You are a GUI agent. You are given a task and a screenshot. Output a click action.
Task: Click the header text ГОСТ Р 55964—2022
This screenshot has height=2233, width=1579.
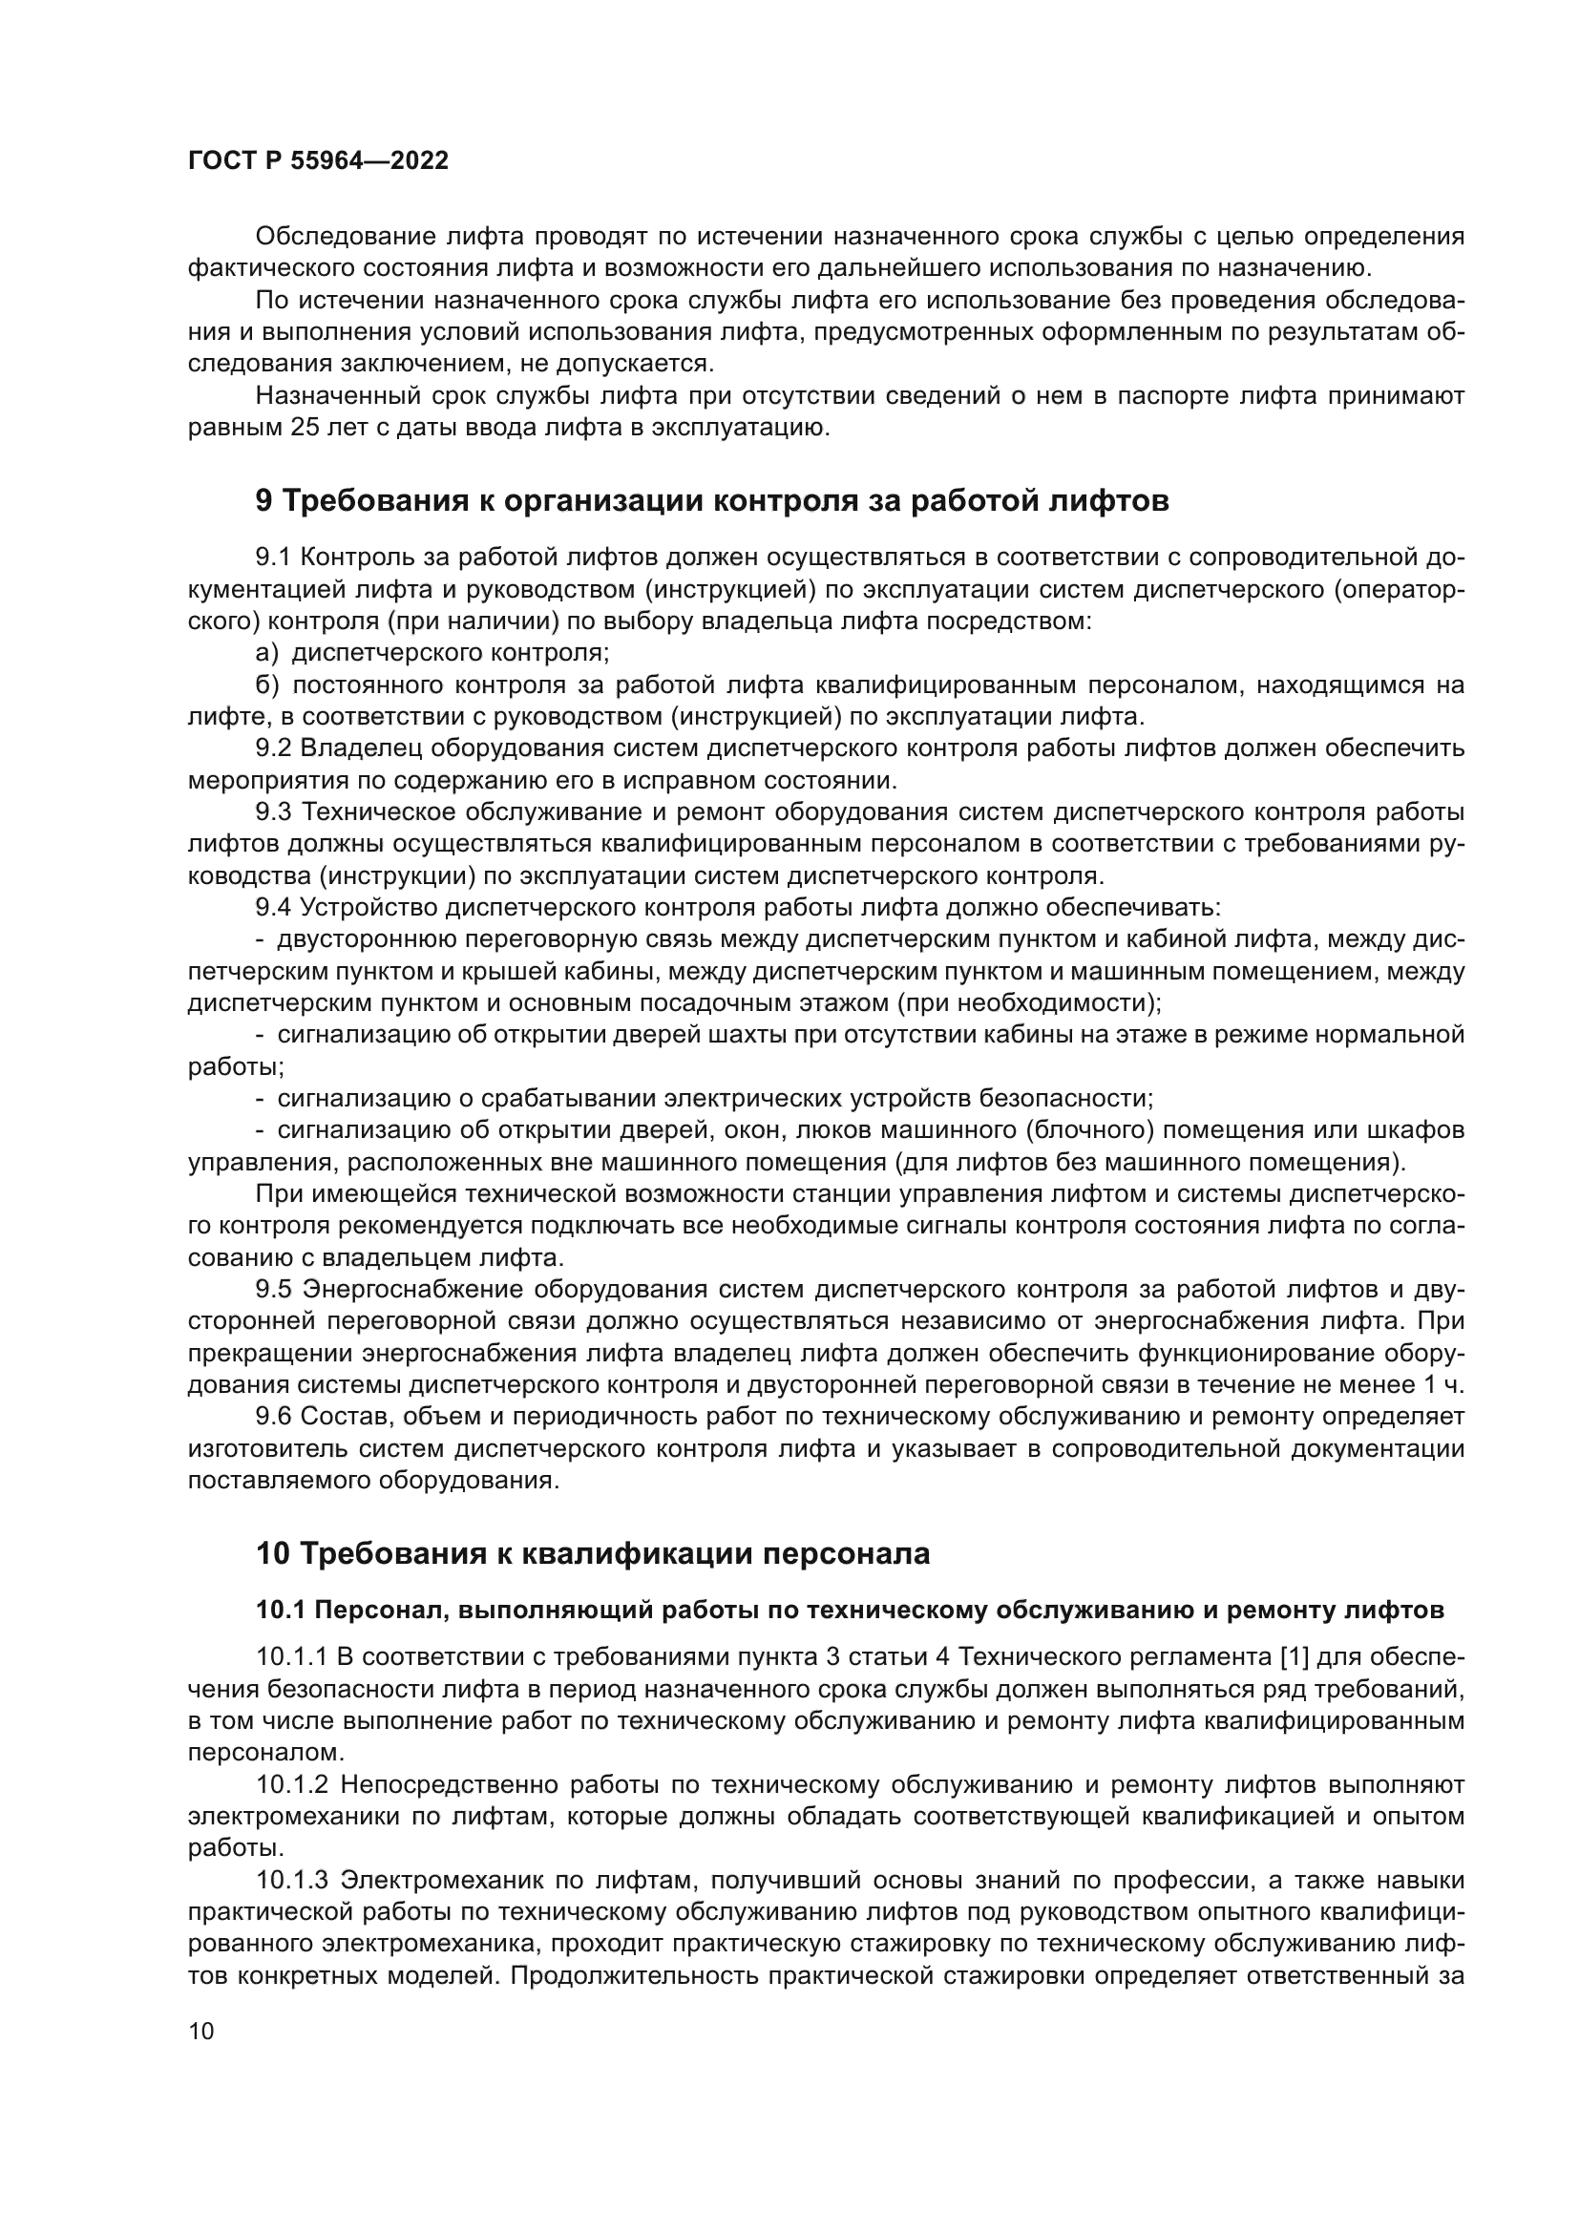tap(318, 161)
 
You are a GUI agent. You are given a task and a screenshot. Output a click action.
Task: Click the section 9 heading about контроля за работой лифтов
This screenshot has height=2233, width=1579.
tap(712, 501)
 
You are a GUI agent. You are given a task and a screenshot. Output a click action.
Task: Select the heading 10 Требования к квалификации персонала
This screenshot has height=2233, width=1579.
tap(592, 1553)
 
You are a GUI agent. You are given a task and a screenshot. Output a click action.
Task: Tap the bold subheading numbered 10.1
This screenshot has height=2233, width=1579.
tap(849, 1611)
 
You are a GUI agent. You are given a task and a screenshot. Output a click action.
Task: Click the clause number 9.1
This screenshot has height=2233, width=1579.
tap(273, 558)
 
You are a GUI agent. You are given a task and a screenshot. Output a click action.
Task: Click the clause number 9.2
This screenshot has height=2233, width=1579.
tap(273, 748)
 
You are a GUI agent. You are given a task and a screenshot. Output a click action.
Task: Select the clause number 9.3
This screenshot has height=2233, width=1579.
tap(273, 812)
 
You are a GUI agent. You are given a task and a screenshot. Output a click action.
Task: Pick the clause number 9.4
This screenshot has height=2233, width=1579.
tap(273, 907)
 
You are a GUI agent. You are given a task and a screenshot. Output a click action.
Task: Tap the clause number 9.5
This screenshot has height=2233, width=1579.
tap(273, 1290)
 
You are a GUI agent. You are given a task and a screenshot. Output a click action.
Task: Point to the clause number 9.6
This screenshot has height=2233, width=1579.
tap(273, 1416)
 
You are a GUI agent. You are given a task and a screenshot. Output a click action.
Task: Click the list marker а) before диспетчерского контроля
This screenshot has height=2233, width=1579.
tap(266, 653)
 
